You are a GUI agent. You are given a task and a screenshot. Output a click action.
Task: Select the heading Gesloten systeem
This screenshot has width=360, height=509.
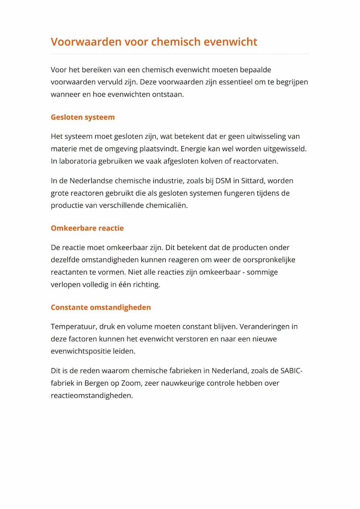[x=83, y=117]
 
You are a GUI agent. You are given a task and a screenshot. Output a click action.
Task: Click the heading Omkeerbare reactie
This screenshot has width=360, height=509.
[x=87, y=228]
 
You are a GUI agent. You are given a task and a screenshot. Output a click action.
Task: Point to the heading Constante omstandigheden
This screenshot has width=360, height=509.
[x=100, y=307]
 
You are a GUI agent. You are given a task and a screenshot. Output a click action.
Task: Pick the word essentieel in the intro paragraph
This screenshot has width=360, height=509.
[x=234, y=82]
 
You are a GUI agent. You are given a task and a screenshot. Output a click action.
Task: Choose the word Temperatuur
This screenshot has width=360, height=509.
[x=73, y=326]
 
